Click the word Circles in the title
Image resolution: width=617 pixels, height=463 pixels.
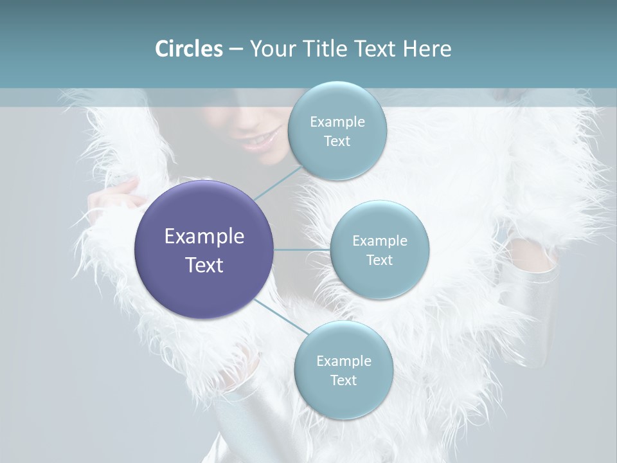click(189, 49)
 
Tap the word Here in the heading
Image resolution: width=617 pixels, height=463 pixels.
click(427, 49)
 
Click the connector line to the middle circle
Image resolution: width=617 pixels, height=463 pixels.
click(302, 250)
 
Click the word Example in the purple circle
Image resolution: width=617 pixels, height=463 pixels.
click(204, 237)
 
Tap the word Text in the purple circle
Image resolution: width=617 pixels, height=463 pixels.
click(204, 265)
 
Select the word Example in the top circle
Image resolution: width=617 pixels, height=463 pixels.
click(337, 122)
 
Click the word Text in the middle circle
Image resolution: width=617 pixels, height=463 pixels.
click(380, 260)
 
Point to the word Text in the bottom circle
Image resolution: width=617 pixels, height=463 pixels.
click(343, 380)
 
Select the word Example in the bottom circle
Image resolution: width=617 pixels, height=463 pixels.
click(343, 361)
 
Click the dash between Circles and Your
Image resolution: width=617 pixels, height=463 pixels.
click(235, 49)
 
